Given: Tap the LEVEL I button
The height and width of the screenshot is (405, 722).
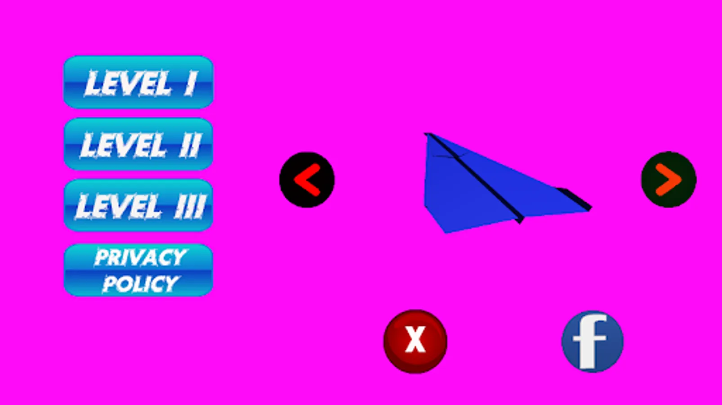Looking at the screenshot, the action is [138, 82].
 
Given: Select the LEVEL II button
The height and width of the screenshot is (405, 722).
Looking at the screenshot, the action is [138, 144].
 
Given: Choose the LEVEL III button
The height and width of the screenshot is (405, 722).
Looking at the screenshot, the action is [138, 205].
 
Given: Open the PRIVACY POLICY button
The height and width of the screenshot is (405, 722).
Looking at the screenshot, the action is [138, 270].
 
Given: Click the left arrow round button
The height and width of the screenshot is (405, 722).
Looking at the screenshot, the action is [307, 180].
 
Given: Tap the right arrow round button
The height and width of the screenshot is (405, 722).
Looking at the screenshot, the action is [669, 179].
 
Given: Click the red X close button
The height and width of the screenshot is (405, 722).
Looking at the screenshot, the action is [415, 341].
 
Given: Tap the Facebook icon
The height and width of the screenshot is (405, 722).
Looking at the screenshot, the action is [593, 342].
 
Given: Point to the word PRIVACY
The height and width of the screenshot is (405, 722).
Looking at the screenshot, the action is [141, 257].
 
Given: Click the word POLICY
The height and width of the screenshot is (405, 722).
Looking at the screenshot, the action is [141, 284].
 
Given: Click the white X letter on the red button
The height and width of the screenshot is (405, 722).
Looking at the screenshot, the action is [415, 339].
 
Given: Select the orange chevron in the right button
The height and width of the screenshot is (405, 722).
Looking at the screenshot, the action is [669, 180].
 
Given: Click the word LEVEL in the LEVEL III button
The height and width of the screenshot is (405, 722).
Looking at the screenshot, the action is [118, 206].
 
